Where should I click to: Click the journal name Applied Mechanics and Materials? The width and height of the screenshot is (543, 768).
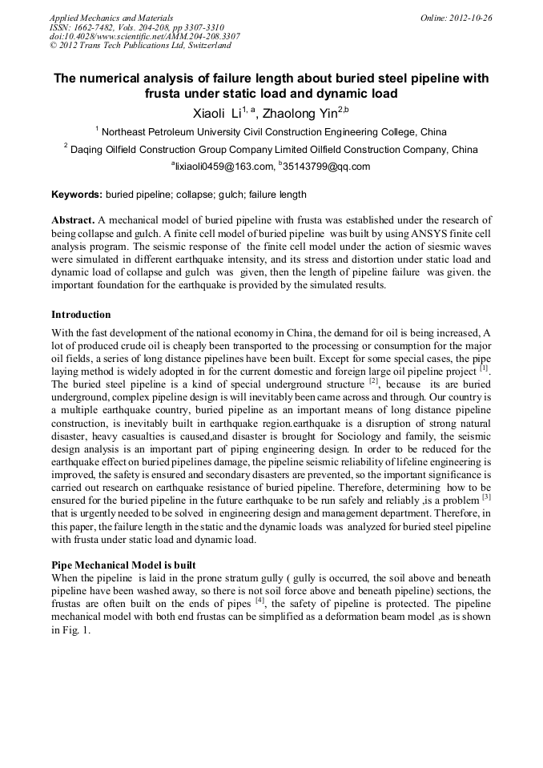pyautogui.click(x=111, y=17)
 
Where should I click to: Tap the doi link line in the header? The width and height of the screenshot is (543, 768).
pyautogui.click(x=144, y=36)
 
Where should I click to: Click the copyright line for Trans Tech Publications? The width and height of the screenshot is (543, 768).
pyautogui.click(x=140, y=46)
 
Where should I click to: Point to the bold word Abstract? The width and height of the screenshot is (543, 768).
pyautogui.click(x=73, y=219)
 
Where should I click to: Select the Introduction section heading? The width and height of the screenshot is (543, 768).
pyautogui.click(x=81, y=315)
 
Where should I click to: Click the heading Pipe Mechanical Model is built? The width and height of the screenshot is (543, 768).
pyautogui.click(x=123, y=565)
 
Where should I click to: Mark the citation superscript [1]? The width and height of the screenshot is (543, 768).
pyautogui.click(x=484, y=368)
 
